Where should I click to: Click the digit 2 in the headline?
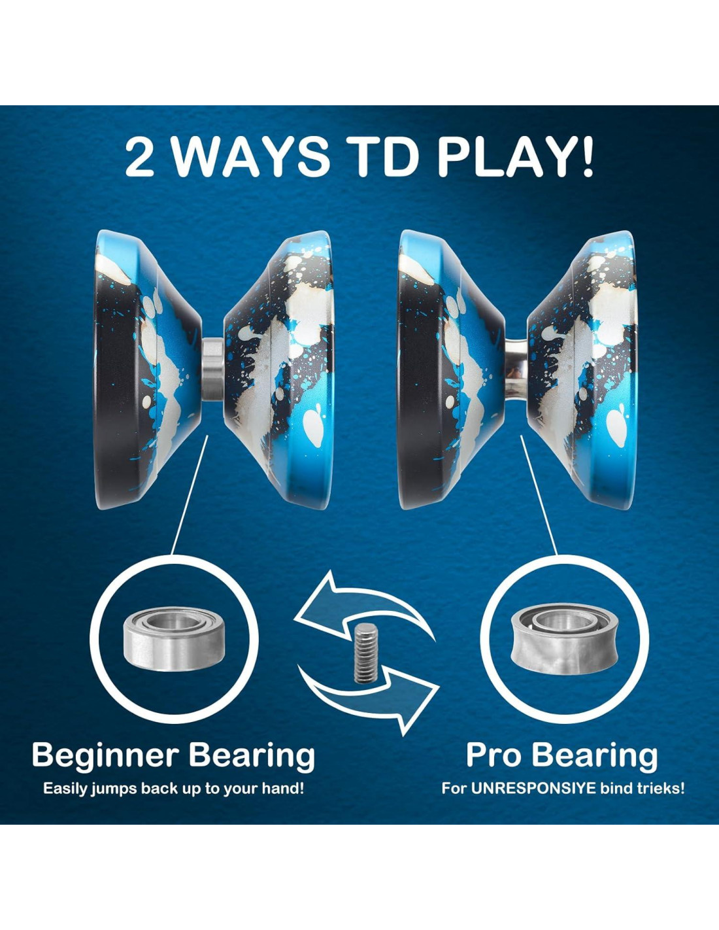tap(139, 157)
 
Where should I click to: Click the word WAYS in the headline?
tap(252, 157)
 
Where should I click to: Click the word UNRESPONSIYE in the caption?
tap(533, 788)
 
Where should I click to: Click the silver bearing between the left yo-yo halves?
tap(212, 369)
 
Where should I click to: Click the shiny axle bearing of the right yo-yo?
tap(517, 369)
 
